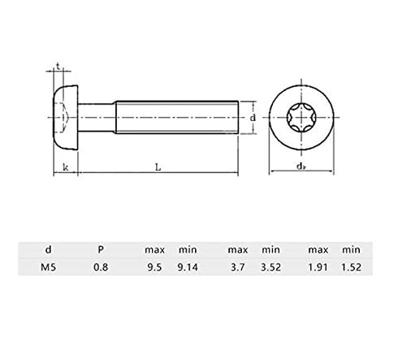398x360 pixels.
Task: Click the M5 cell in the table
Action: (x=48, y=267)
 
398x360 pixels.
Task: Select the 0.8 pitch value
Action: (x=101, y=267)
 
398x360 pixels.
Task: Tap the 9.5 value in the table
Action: (x=154, y=267)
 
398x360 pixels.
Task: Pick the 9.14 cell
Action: (x=188, y=267)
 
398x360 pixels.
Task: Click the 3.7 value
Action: (x=238, y=267)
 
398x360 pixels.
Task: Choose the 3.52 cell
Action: (x=270, y=267)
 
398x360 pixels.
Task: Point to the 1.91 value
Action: (x=318, y=267)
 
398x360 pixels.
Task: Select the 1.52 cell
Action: (x=351, y=267)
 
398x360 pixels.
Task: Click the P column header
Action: (x=101, y=249)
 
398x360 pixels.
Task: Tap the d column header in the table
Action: (x=48, y=249)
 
